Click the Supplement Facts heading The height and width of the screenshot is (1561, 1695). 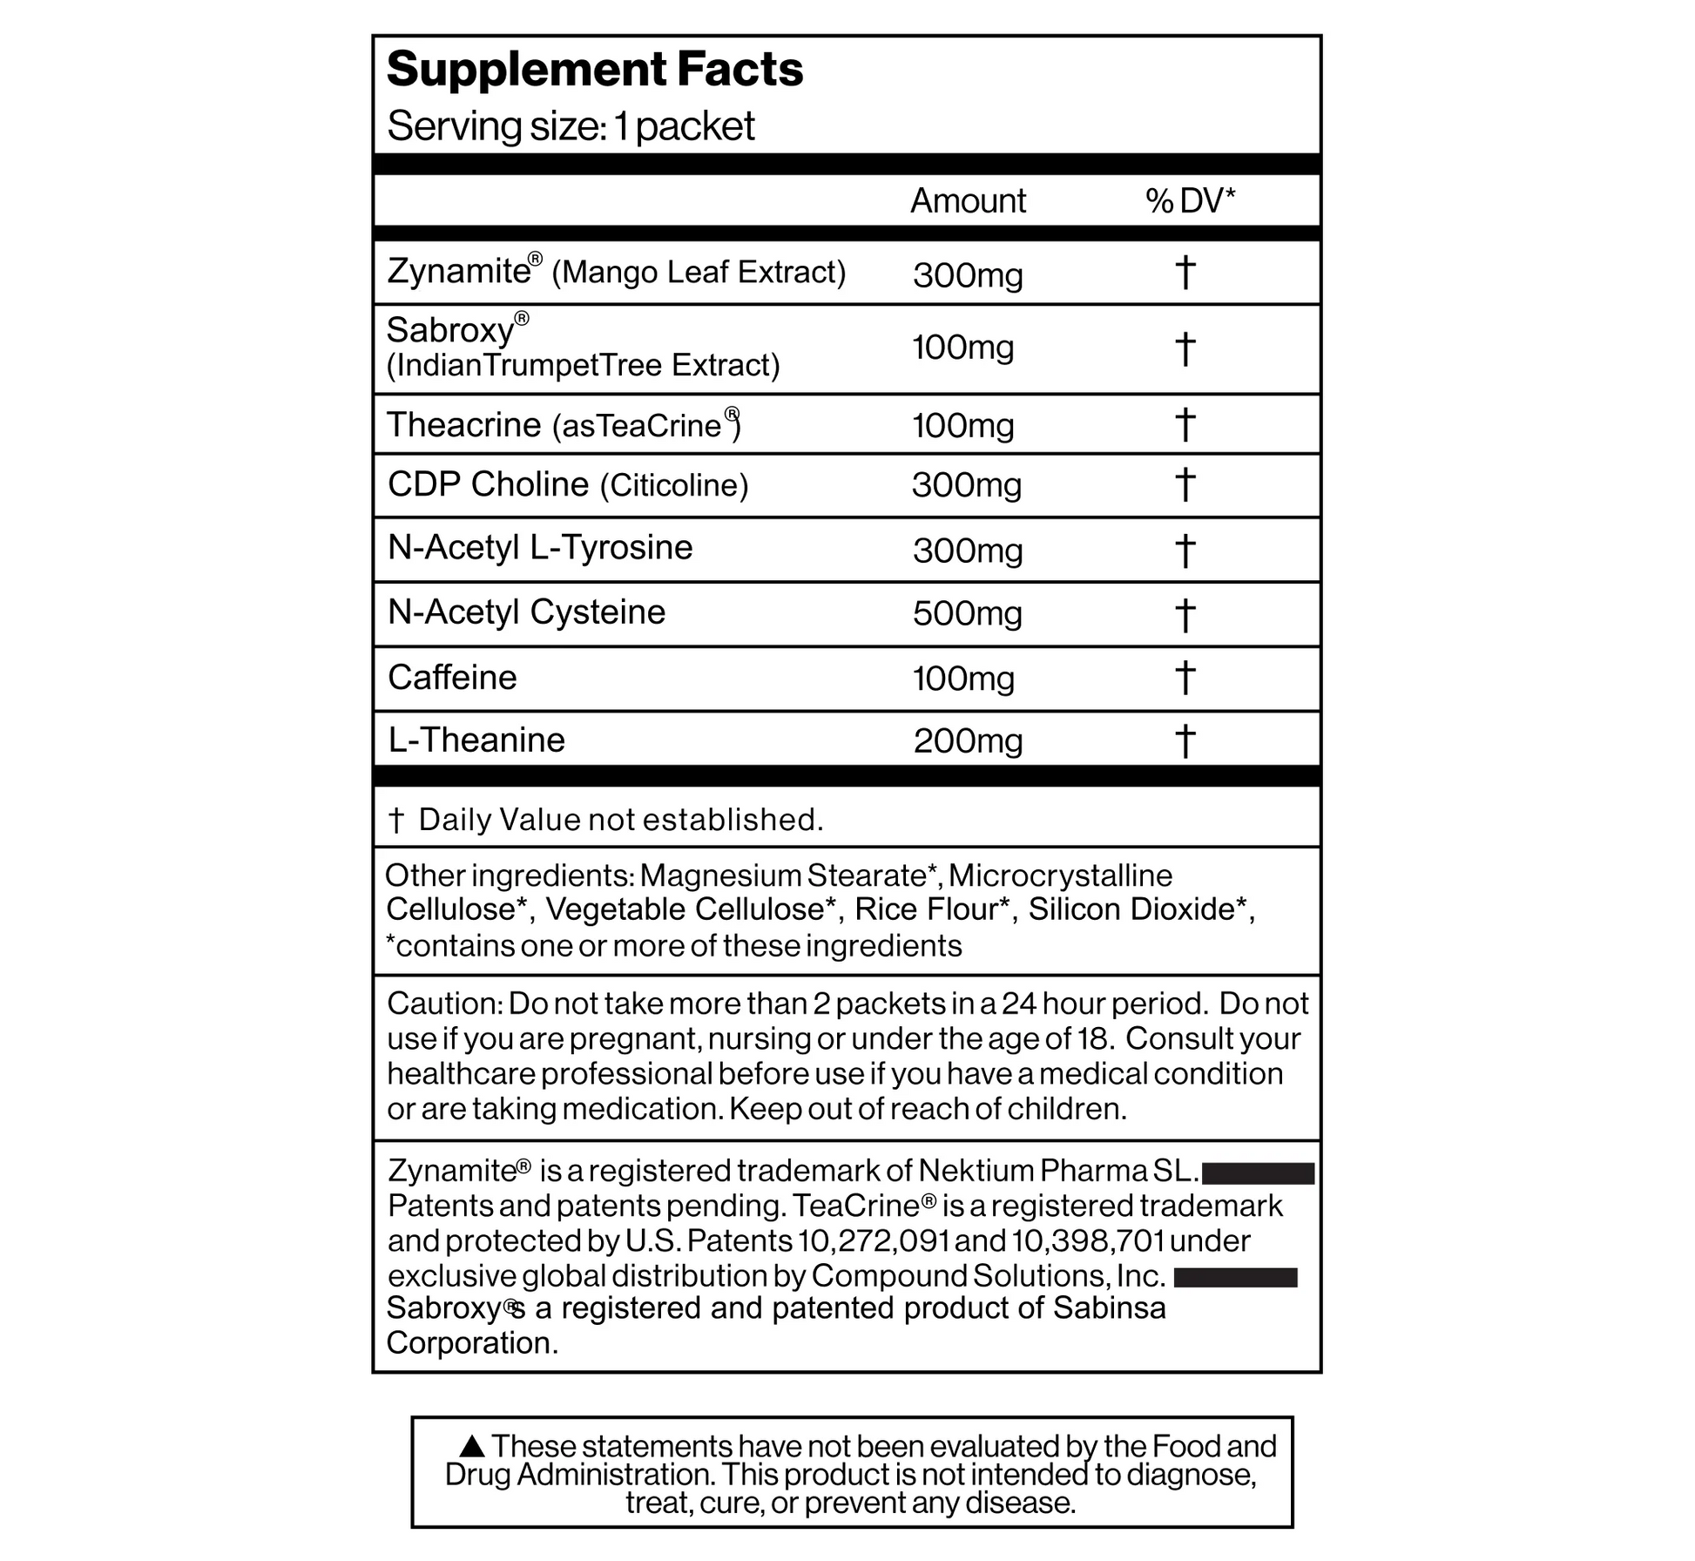[594, 70]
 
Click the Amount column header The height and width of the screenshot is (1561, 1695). [968, 201]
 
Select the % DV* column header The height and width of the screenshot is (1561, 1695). [1190, 201]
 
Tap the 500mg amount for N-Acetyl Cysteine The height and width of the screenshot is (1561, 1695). [967, 614]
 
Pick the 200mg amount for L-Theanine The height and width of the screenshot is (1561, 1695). [968, 741]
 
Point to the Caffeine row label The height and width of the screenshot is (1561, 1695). [452, 678]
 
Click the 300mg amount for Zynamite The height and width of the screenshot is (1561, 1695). [968, 275]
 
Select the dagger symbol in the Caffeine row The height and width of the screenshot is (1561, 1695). [1185, 678]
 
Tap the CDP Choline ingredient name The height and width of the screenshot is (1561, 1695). [488, 484]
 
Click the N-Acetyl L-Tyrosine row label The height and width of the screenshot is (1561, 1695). [540, 548]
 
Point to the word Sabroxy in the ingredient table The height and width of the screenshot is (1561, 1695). [450, 331]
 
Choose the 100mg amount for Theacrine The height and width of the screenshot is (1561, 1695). [962, 426]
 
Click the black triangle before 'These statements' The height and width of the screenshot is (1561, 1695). [472, 1447]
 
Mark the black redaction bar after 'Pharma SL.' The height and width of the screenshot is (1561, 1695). [1258, 1173]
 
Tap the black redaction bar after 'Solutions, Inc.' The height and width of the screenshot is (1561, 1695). [1235, 1278]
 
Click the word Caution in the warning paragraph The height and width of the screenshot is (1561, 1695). [441, 1003]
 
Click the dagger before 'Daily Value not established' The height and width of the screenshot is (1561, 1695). [396, 821]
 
